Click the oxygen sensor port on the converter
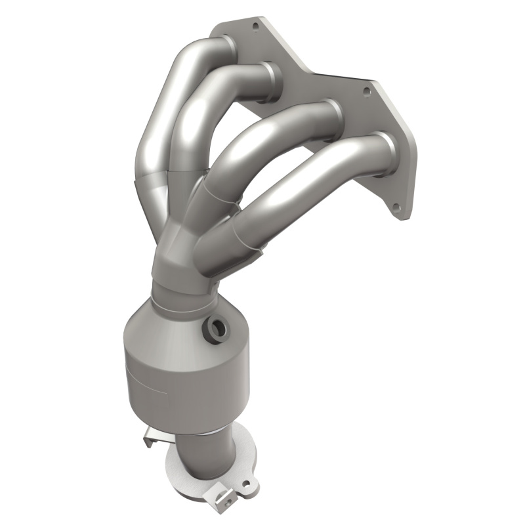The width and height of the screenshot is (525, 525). click(x=215, y=326)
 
